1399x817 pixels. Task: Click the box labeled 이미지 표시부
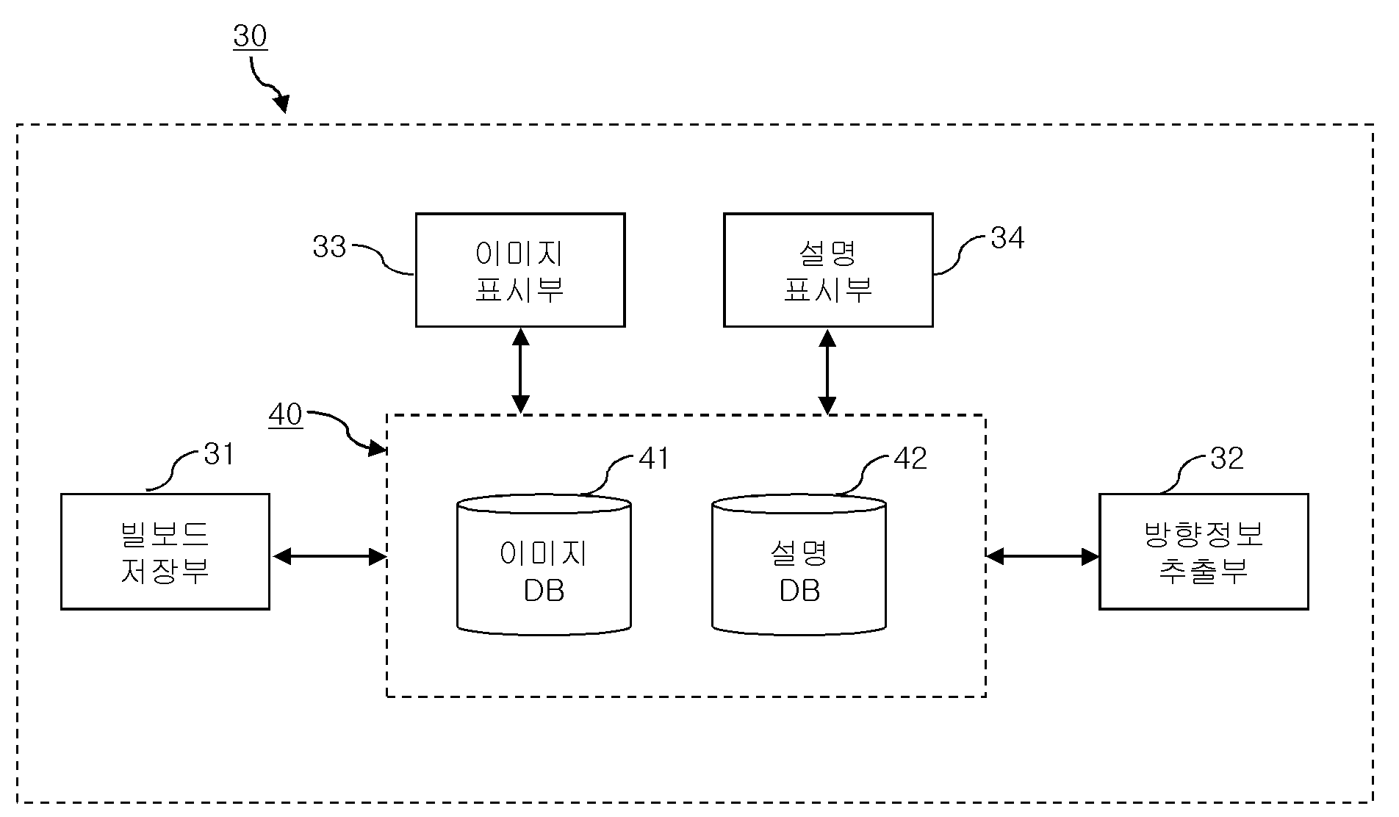pyautogui.click(x=520, y=270)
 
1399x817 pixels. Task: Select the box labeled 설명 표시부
pyautogui.click(x=828, y=270)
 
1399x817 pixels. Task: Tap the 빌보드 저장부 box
pyautogui.click(x=165, y=551)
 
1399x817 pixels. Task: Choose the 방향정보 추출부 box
pyautogui.click(x=1204, y=551)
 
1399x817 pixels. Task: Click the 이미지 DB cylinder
pyautogui.click(x=544, y=564)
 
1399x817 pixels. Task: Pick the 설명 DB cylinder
pyautogui.click(x=799, y=564)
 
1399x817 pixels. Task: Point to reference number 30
pyautogui.click(x=250, y=36)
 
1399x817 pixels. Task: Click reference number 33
pyautogui.click(x=328, y=247)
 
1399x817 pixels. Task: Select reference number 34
pyautogui.click(x=1007, y=237)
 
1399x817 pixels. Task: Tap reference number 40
pyautogui.click(x=286, y=415)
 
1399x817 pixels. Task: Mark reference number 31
pyautogui.click(x=218, y=455)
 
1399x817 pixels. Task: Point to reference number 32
pyautogui.click(x=1226, y=458)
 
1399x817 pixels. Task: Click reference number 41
pyautogui.click(x=654, y=458)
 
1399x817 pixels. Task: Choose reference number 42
pyautogui.click(x=910, y=458)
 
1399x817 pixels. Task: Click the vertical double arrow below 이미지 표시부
pyautogui.click(x=520, y=371)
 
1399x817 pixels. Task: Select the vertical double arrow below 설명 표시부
pyautogui.click(x=827, y=371)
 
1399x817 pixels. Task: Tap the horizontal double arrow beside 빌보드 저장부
pyautogui.click(x=329, y=557)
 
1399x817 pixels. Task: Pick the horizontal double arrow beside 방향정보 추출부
pyautogui.click(x=1042, y=556)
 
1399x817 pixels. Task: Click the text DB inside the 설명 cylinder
pyautogui.click(x=799, y=591)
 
